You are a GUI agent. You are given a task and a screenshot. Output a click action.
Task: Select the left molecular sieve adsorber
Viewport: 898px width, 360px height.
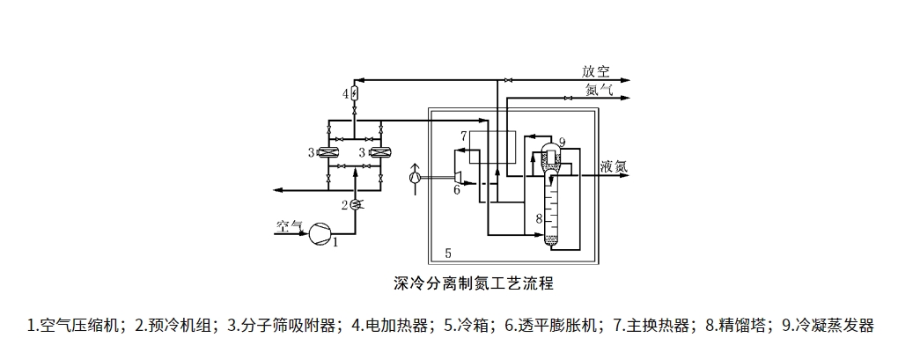328,153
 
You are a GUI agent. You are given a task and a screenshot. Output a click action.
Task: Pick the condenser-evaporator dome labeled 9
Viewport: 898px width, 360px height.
548,146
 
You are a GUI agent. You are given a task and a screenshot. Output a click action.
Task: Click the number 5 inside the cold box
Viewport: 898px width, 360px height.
448,253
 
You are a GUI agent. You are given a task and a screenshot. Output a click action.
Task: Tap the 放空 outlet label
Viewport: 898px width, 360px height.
596,71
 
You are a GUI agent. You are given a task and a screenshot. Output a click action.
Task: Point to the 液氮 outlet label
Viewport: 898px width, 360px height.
614,165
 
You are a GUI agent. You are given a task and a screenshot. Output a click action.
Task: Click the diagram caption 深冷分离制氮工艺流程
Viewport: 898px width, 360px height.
473,284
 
